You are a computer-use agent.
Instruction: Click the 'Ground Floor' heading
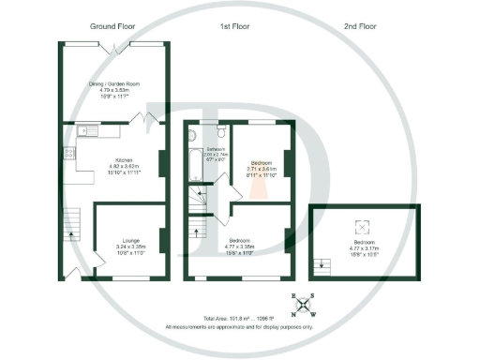pos(113,26)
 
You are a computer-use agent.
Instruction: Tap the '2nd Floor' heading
pos(361,26)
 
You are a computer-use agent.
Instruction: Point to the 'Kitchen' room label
pos(118,159)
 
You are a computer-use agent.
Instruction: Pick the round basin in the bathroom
pos(192,136)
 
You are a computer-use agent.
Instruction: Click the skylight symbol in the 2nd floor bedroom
pos(361,225)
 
